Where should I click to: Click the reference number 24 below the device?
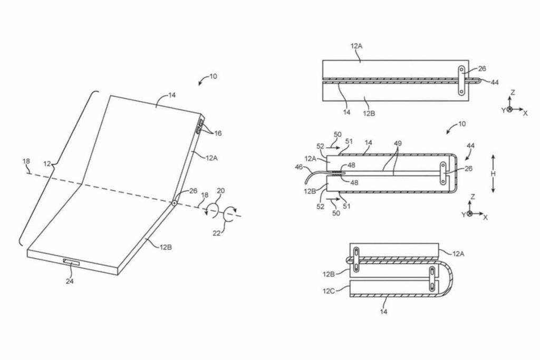coord(70,281)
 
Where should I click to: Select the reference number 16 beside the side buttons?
coord(218,133)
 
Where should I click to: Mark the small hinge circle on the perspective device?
coord(174,202)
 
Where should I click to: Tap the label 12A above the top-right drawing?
coord(356,46)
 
